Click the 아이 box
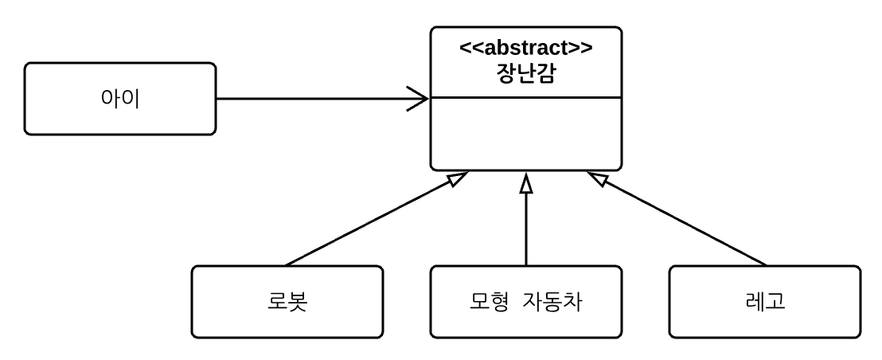(x=120, y=99)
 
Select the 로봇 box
(x=287, y=301)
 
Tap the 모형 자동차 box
(x=526, y=301)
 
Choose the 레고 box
(x=765, y=301)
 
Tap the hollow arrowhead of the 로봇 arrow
(x=457, y=178)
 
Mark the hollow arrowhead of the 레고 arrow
(x=595, y=178)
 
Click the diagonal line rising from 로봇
(x=366, y=224)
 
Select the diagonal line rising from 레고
(x=685, y=224)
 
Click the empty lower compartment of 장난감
(x=526, y=134)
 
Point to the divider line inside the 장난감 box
(x=526, y=97)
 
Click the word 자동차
(x=556, y=302)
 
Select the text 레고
(x=765, y=302)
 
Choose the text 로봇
(x=287, y=302)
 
